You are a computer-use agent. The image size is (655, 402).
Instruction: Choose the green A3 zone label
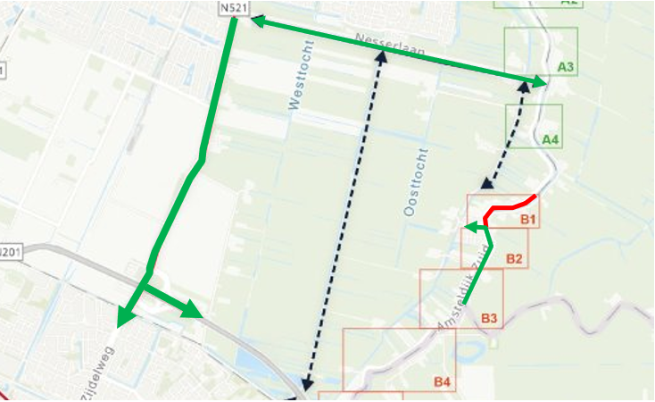(x=566, y=67)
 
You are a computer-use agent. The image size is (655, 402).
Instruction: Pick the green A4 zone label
(x=551, y=139)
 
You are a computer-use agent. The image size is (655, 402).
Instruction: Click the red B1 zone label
(x=526, y=219)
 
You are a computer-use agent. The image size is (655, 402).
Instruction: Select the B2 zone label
(x=514, y=259)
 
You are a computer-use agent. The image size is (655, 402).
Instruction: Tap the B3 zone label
(x=489, y=318)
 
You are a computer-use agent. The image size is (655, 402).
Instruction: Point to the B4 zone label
(x=443, y=382)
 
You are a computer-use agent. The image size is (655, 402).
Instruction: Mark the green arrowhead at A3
(x=541, y=82)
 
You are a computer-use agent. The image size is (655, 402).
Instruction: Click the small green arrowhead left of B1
(x=471, y=226)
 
